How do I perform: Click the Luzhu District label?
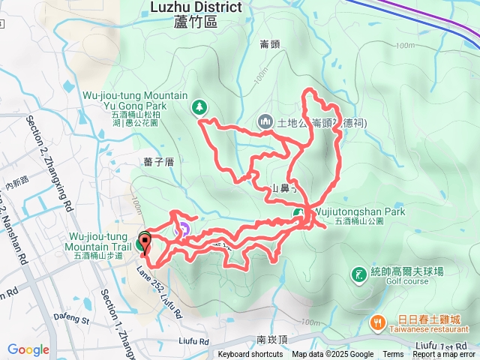pyautogui.click(x=196, y=7)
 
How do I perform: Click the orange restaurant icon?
pyautogui.click(x=377, y=322)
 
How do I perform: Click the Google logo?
pyautogui.click(x=28, y=349)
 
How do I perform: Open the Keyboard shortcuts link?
pyautogui.click(x=250, y=355)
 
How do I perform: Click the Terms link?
pyautogui.click(x=393, y=355)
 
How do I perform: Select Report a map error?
pyautogui.click(x=444, y=355)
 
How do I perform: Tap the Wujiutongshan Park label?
pyautogui.click(x=358, y=212)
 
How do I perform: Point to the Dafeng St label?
pyautogui.click(x=71, y=318)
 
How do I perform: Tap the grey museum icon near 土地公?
pyautogui.click(x=265, y=121)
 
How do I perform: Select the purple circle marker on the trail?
pyautogui.click(x=180, y=230)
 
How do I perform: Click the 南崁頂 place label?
pyautogui.click(x=271, y=339)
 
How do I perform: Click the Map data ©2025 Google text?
pyautogui.click(x=333, y=355)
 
